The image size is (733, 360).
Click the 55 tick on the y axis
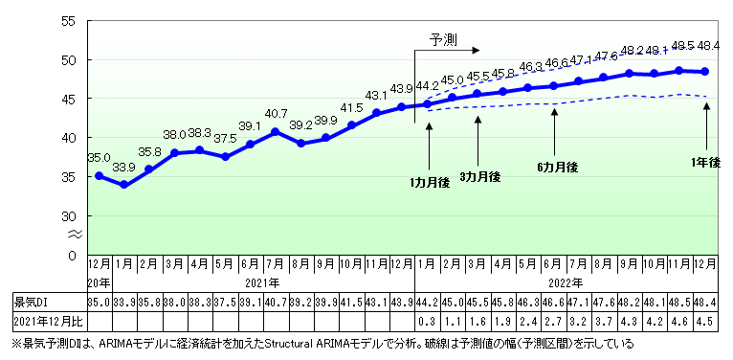point(71,20)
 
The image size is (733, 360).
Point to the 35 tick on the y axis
point(71,176)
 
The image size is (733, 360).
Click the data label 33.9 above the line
point(124,167)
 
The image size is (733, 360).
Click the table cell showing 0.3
point(428,320)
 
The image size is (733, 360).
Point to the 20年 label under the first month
point(98,282)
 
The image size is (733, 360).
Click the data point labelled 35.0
point(99,176)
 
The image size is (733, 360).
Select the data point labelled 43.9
point(402,106)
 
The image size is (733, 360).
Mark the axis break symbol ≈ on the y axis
point(71,234)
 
